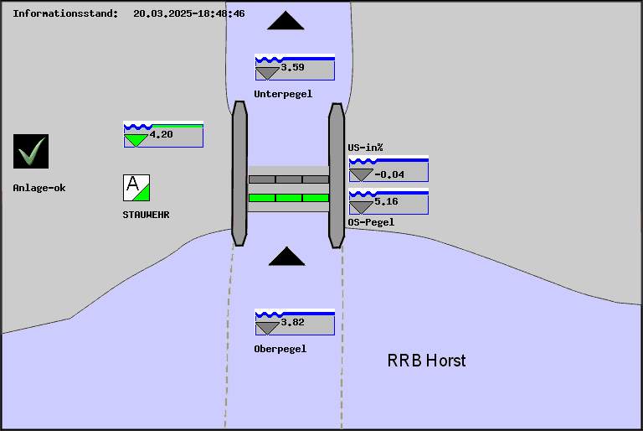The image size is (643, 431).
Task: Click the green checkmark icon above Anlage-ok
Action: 31,151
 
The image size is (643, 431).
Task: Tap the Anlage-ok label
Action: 39,188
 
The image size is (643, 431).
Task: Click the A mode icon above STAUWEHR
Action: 136,187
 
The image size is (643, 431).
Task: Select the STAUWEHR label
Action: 146,215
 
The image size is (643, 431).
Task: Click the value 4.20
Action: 161,134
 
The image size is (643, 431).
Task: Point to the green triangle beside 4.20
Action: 136,140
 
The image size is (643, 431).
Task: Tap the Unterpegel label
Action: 283,94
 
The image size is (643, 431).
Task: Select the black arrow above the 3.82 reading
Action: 286,257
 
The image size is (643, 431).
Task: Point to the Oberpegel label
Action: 280,349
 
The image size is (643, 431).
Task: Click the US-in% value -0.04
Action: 389,174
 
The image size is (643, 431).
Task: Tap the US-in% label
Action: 365,148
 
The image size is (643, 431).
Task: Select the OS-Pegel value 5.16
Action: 386,202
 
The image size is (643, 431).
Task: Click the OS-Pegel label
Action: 371,222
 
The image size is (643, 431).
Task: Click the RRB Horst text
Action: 426,361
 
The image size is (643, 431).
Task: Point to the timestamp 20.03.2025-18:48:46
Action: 189,13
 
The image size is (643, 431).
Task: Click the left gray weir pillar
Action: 239,174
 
